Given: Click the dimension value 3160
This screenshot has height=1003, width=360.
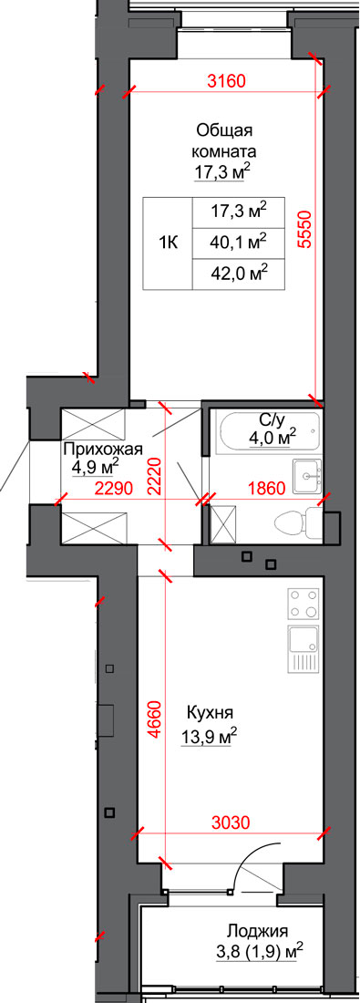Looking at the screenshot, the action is (227, 81).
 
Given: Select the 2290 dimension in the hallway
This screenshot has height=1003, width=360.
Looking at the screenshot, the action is (113, 490).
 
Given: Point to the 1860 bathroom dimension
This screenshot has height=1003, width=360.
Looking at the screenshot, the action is (264, 490).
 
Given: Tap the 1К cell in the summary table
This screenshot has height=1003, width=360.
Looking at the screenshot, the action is (168, 243).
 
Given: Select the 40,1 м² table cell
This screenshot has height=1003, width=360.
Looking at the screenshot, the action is (238, 243).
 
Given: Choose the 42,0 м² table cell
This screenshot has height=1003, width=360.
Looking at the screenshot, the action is (238, 274).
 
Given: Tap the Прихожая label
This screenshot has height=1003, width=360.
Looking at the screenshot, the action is (103, 449).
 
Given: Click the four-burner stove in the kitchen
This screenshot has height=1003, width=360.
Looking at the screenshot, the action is (303, 604).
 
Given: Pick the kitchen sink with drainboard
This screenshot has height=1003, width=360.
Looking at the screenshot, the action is (303, 648).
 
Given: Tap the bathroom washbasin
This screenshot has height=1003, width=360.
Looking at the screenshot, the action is (309, 476).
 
